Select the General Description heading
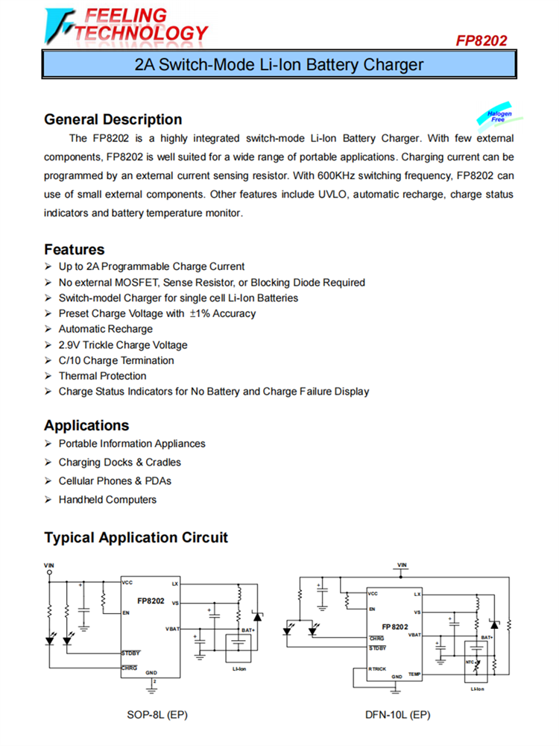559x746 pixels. (113, 119)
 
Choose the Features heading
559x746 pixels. (74, 249)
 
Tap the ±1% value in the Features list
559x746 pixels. (200, 314)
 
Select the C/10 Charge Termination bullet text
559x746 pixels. (116, 360)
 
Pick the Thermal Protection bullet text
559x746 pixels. (102, 376)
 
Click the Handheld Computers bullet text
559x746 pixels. (107, 500)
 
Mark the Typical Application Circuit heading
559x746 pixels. (136, 538)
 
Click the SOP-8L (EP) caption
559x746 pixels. (157, 715)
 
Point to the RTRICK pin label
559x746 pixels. (379, 669)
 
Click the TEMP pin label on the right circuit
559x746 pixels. (414, 674)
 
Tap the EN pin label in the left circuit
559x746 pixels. (127, 612)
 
